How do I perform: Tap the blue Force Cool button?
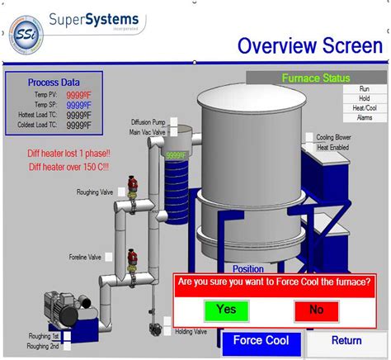261,341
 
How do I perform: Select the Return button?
346,340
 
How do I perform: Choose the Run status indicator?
364,88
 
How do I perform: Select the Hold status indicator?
364,97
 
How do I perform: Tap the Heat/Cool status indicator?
364,107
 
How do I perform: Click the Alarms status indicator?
364,117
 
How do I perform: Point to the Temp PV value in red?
80,94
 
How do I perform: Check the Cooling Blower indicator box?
309,138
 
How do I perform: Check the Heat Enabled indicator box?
309,148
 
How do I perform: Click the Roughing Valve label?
95,192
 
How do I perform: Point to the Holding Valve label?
191,331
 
